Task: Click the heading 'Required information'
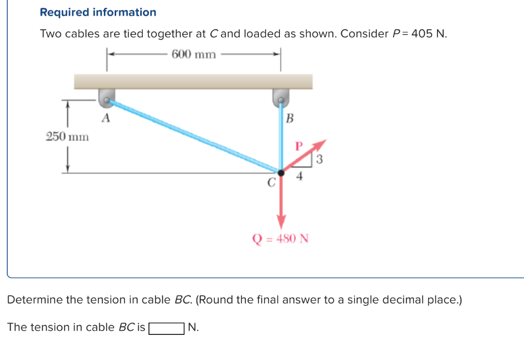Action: [x=98, y=12]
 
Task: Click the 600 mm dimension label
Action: [x=194, y=55]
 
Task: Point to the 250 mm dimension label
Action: [x=67, y=137]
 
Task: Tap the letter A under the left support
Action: [x=105, y=118]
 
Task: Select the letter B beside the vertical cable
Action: [x=289, y=119]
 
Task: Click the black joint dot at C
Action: [x=280, y=173]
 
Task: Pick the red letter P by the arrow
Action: [x=299, y=146]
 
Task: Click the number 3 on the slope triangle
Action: [x=320, y=159]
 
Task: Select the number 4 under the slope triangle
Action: [x=300, y=177]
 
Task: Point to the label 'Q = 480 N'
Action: [x=281, y=239]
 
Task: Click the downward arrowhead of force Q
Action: [x=281, y=224]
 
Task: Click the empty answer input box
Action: [x=166, y=328]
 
